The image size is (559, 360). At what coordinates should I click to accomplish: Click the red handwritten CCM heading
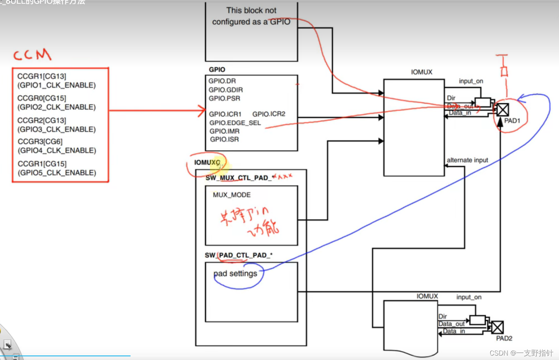(x=32, y=55)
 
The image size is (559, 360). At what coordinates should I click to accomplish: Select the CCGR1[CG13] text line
(x=42, y=76)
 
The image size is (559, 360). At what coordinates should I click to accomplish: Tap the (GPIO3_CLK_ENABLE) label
(x=56, y=129)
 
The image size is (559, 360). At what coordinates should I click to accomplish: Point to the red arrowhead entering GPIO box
(x=202, y=110)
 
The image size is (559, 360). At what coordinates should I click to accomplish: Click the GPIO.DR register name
(x=222, y=81)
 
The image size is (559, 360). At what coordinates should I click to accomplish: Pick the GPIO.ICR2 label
(x=269, y=114)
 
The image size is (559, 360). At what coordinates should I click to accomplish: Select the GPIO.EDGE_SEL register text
(x=235, y=123)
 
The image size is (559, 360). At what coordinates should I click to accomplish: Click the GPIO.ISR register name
(x=224, y=139)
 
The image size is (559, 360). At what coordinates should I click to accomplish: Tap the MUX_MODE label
(x=231, y=195)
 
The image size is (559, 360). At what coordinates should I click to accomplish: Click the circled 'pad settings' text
(x=235, y=274)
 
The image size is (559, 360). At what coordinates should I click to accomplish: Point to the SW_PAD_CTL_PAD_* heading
(x=239, y=255)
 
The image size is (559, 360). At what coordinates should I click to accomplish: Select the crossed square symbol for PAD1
(x=503, y=110)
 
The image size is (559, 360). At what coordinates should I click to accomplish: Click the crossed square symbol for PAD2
(x=497, y=327)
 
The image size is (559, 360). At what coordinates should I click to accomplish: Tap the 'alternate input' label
(x=467, y=160)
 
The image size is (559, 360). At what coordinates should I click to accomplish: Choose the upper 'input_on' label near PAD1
(x=471, y=81)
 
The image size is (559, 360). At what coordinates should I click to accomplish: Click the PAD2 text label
(x=504, y=338)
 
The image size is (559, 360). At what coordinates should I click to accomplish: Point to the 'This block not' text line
(x=251, y=10)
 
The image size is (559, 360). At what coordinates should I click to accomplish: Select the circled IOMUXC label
(x=207, y=162)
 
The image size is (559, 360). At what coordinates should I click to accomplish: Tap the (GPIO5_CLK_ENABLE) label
(x=57, y=173)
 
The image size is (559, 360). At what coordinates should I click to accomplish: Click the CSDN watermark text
(x=521, y=353)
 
